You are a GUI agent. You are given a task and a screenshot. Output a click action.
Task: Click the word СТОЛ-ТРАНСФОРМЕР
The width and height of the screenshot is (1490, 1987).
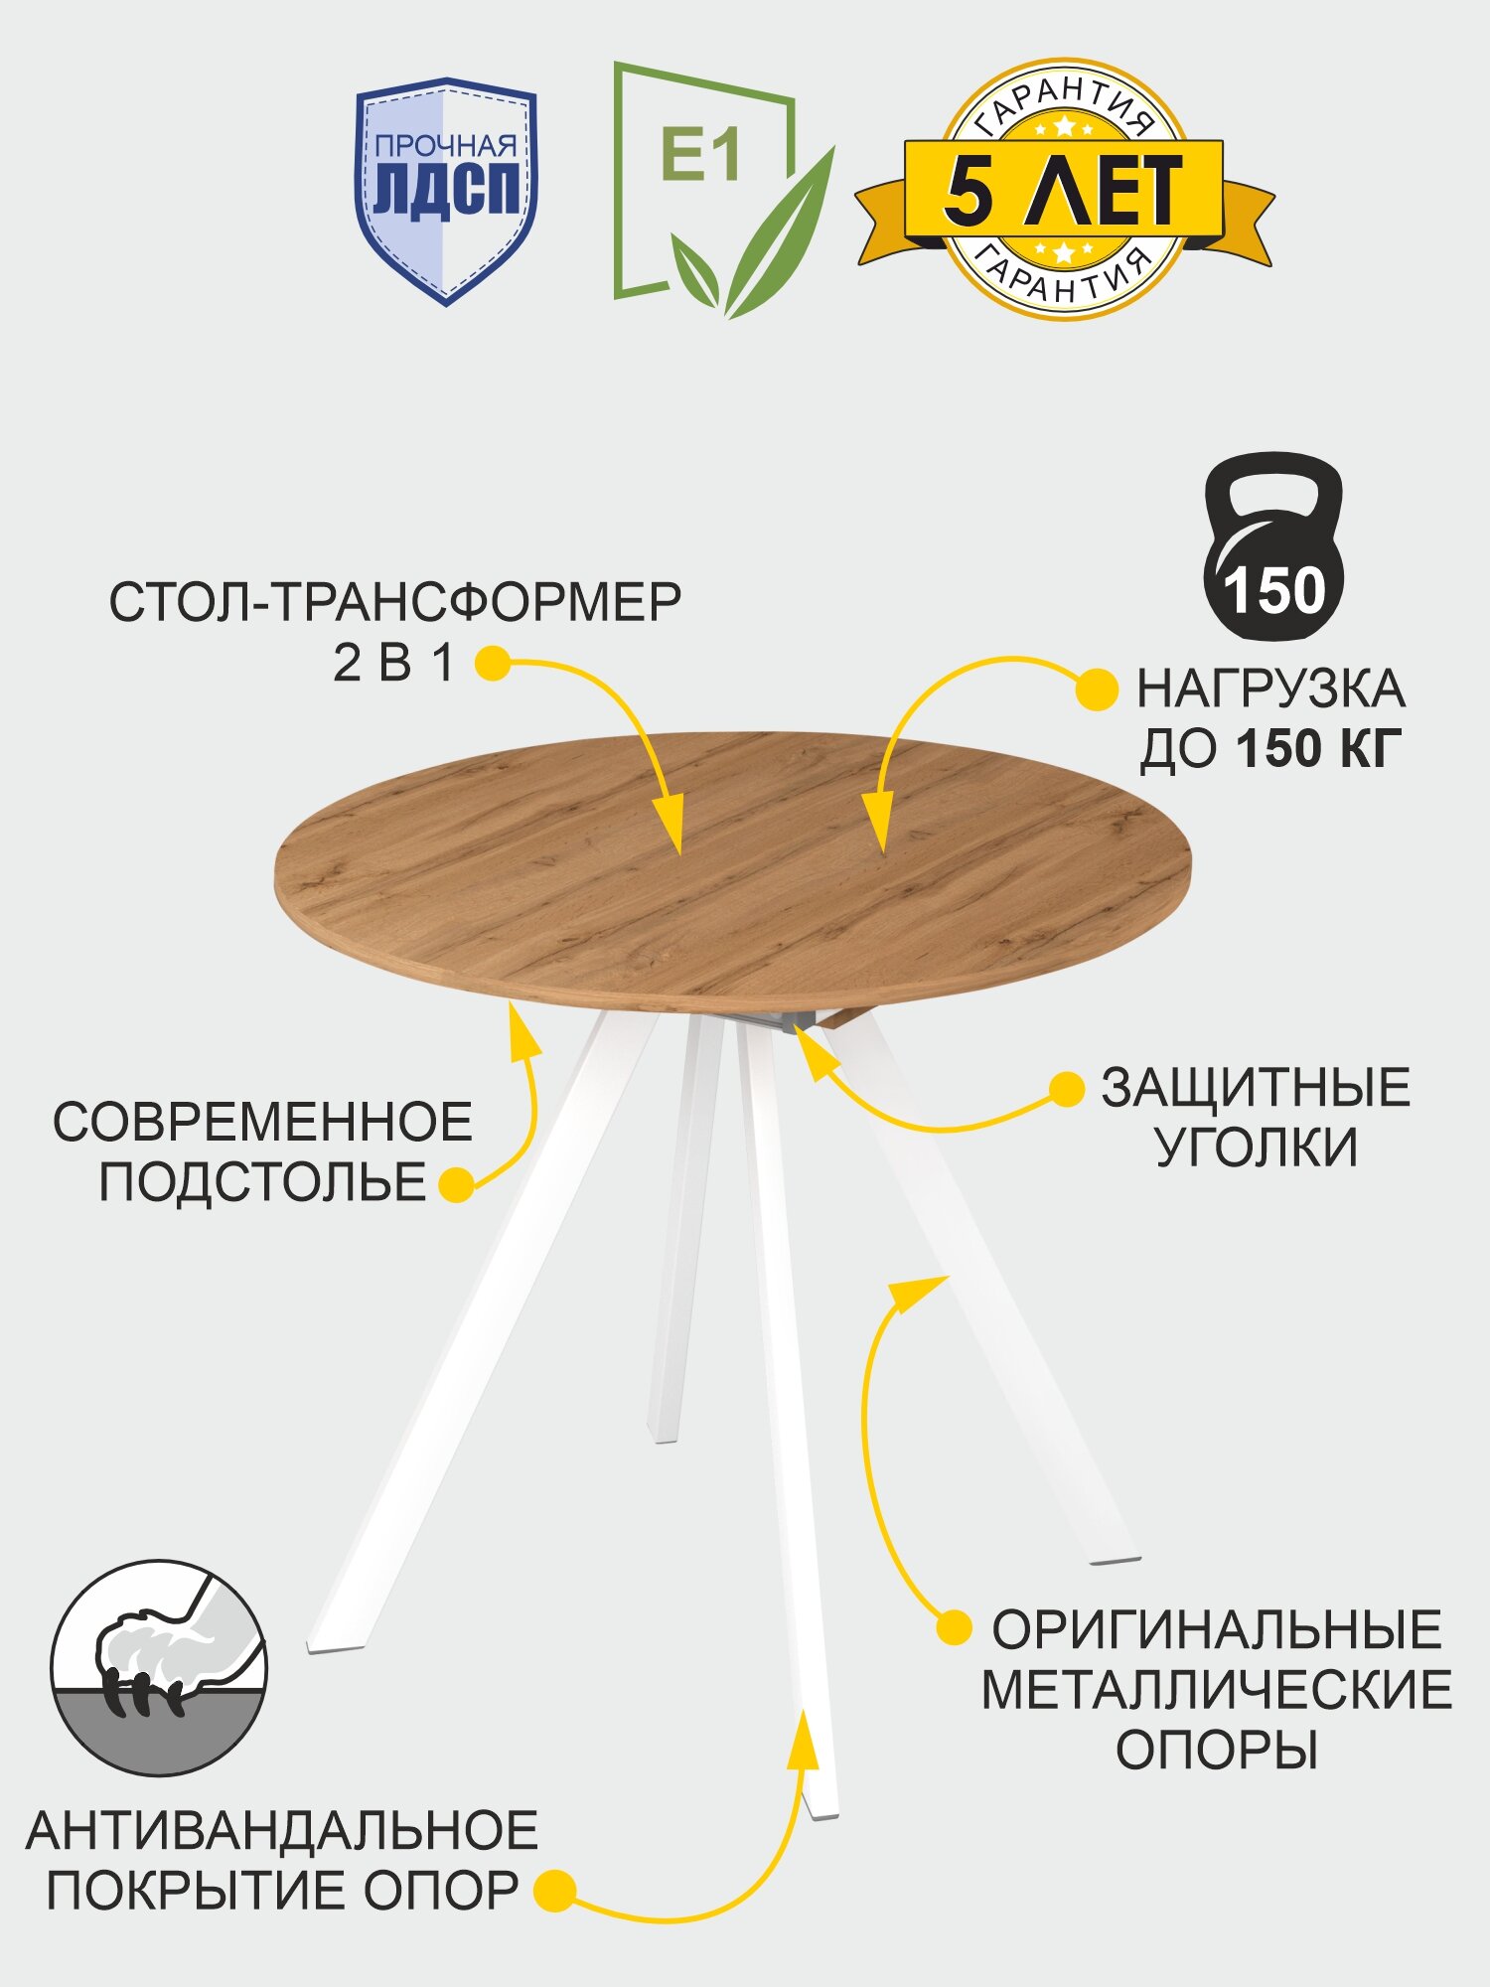click(x=395, y=603)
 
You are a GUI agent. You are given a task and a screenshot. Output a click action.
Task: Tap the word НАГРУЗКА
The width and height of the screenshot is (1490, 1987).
click(x=1270, y=689)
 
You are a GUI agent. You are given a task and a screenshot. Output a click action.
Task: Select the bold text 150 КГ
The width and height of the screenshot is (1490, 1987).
click(x=1319, y=749)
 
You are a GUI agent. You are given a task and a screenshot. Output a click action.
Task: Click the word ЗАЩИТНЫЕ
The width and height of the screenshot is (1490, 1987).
click(x=1256, y=1088)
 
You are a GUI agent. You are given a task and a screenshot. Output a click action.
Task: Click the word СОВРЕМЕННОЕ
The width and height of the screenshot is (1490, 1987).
click(x=262, y=1123)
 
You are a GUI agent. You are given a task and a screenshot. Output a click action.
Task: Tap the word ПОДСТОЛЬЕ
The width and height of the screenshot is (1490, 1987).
click(x=262, y=1182)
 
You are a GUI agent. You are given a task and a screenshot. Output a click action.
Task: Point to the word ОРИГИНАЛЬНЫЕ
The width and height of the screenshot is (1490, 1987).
click(x=1217, y=1630)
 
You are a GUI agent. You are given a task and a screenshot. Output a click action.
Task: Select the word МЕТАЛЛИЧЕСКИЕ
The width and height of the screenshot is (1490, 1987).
click(x=1217, y=1690)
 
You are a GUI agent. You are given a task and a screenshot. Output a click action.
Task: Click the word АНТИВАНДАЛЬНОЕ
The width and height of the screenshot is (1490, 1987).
click(x=282, y=1831)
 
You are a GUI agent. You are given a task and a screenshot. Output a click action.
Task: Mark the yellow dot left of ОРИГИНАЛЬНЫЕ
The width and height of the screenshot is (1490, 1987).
click(x=954, y=1628)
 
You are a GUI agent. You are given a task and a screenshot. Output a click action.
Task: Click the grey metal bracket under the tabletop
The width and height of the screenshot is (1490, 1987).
click(x=775, y=1023)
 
